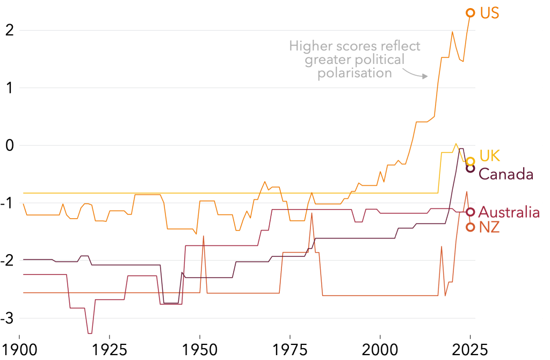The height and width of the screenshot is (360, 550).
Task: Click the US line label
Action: tap(489, 13)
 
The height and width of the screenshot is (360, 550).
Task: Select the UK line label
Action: tap(489, 156)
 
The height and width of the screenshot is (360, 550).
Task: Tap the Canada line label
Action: tap(505, 174)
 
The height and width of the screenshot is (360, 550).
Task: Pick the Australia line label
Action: tap(509, 212)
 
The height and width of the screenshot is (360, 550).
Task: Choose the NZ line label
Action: tap(489, 227)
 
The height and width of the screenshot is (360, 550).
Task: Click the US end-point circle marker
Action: tap(470, 12)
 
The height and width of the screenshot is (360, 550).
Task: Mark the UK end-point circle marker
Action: tap(470, 161)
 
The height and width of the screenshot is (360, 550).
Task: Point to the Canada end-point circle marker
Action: tap(470, 168)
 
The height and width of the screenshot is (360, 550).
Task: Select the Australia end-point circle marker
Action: tap(470, 212)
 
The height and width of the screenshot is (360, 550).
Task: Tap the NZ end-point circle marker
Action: tap(470, 227)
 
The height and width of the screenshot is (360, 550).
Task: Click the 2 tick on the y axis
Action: tap(9, 30)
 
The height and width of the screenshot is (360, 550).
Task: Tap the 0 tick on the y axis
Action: tap(9, 145)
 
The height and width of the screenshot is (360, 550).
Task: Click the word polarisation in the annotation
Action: tap(354, 73)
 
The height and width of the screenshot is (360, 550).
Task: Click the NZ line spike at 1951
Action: tap(203, 236)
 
